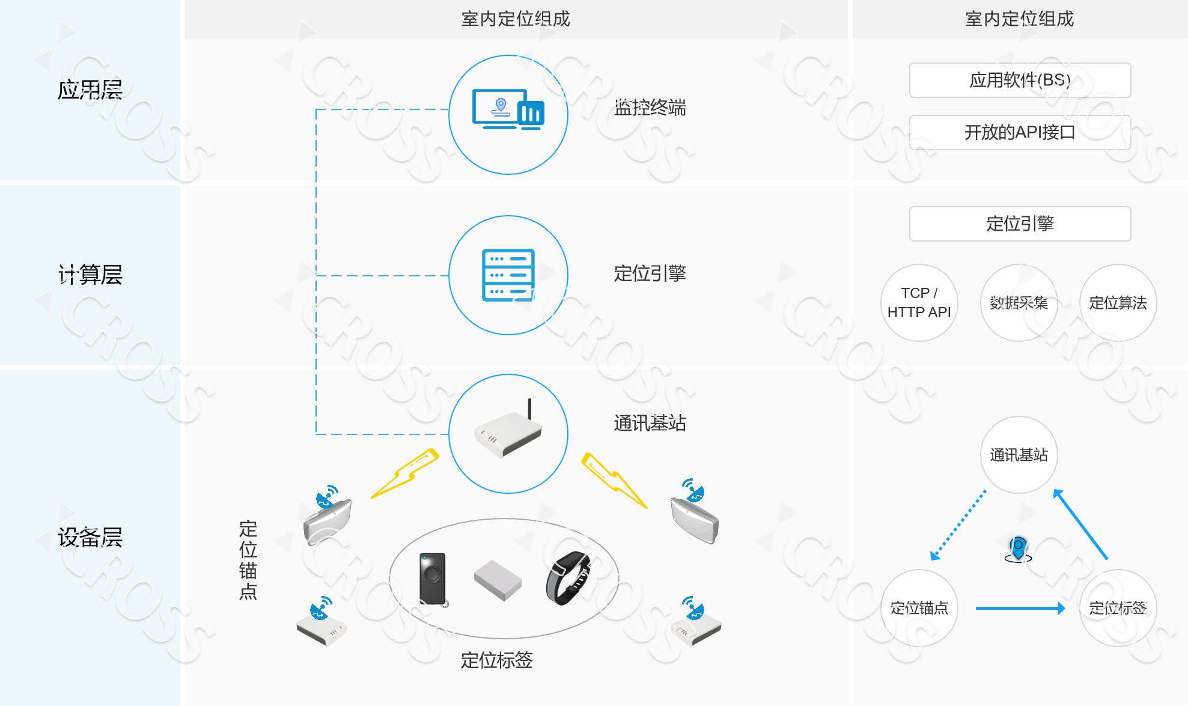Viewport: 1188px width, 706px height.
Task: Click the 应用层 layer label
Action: tap(90, 90)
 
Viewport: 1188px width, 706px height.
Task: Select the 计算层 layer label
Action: tap(90, 275)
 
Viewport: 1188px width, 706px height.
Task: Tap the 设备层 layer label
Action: tap(90, 537)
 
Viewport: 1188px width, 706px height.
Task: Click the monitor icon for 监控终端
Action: tap(508, 110)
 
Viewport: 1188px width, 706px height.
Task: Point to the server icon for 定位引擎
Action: tap(508, 275)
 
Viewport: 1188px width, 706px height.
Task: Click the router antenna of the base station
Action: tap(529, 409)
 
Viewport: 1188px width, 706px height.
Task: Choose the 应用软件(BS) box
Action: tap(1020, 80)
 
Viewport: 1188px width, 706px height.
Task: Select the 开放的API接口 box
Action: tap(1020, 132)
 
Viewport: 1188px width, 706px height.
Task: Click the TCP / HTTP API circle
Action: tap(919, 303)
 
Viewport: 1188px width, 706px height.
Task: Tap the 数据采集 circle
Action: tap(1019, 303)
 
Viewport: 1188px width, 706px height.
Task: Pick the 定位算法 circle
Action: tap(1118, 303)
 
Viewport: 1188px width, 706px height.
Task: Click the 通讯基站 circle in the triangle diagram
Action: tap(1019, 455)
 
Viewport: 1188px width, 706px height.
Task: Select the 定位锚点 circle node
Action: tap(919, 608)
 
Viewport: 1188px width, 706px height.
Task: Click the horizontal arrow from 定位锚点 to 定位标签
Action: tap(1019, 609)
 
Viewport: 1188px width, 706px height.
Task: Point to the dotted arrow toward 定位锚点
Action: tap(958, 525)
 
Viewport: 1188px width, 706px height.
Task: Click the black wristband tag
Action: tap(568, 577)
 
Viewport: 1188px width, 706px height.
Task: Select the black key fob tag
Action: tap(433, 578)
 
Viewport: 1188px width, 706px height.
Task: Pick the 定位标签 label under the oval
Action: tap(496, 660)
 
